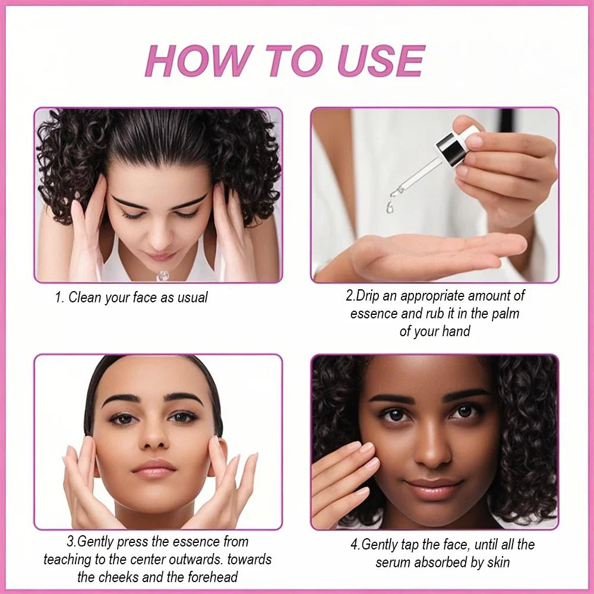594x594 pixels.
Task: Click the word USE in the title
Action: [381, 61]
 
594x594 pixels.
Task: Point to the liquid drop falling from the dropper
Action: [390, 207]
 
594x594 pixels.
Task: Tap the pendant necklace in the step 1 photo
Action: [163, 276]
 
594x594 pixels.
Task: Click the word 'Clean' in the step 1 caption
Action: [85, 298]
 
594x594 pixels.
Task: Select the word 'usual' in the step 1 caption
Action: [192, 298]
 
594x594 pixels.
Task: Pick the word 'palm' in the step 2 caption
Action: [505, 314]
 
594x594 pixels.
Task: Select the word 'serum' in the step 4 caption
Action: [393, 563]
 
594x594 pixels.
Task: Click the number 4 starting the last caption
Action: [354, 545]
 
